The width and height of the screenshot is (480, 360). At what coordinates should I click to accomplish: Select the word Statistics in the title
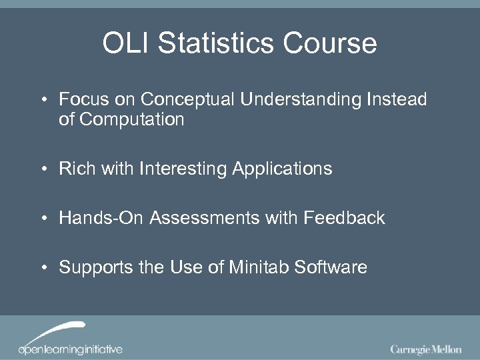click(214, 44)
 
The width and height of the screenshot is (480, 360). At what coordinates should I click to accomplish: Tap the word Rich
click(76, 169)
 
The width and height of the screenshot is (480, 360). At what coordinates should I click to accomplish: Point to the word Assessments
click(200, 218)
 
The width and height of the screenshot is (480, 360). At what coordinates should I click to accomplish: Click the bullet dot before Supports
click(43, 268)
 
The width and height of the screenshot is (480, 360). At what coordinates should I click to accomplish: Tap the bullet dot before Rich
click(43, 169)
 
